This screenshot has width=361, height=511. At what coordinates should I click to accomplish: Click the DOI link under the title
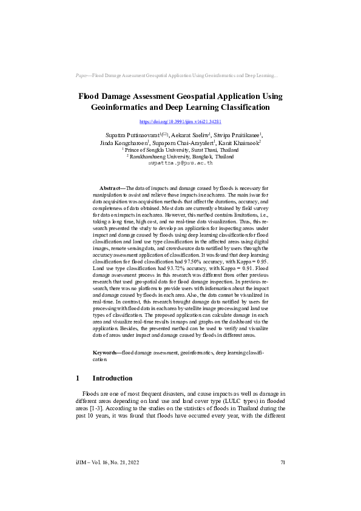tap(180, 122)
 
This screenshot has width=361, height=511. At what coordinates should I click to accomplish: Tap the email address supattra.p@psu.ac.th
tap(180, 163)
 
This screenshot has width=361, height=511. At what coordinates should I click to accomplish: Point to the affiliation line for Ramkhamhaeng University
tap(180, 156)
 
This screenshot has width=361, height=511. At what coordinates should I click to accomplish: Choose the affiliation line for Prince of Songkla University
tap(180, 149)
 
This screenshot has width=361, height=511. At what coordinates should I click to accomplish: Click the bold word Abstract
tap(111, 189)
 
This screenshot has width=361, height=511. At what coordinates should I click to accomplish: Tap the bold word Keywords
tap(107, 353)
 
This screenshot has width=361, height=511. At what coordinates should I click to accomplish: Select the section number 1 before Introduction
tap(78, 378)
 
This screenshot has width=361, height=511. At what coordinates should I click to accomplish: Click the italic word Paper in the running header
tap(81, 76)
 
